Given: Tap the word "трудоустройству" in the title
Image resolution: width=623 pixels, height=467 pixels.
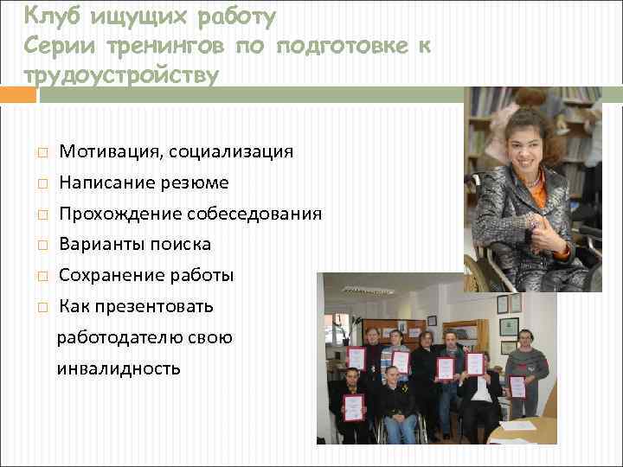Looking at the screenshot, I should click(121, 75).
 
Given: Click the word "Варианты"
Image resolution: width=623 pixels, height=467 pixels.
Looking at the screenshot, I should click(97, 245).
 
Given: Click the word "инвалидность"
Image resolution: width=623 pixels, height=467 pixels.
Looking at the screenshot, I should click(119, 369).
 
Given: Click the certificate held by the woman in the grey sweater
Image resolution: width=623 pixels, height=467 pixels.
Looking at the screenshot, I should click(517, 387).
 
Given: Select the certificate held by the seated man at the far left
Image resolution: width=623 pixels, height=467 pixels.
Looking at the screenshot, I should click(353, 407).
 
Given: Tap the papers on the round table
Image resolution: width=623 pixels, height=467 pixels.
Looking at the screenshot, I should click(519, 426).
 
